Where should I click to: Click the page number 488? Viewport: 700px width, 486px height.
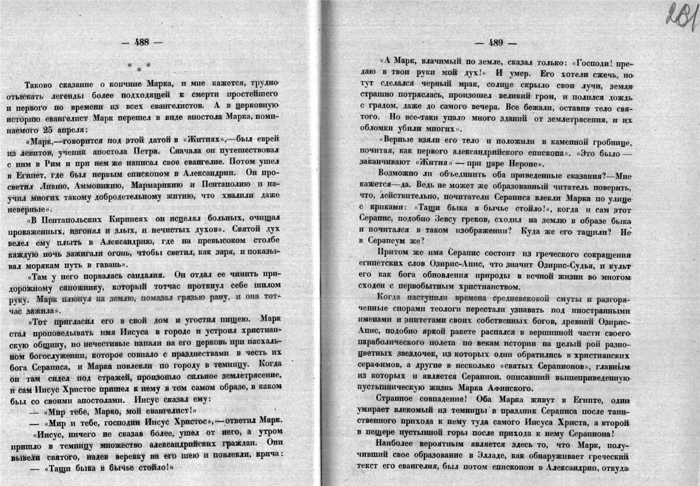click(142, 43)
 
